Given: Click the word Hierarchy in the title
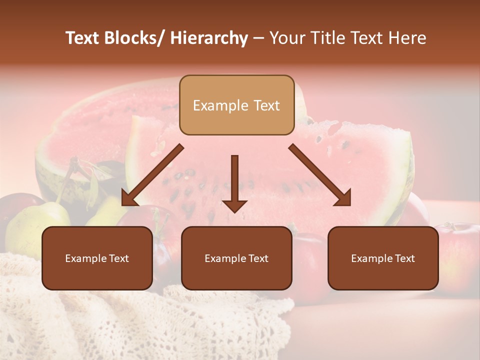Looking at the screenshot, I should pos(209,38).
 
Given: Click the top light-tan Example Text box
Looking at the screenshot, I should pos(236,105).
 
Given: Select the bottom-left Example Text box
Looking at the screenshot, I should pos(97,258).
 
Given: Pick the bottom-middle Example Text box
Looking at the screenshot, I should pos(236,258).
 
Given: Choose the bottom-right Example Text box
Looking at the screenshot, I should pos(383,258).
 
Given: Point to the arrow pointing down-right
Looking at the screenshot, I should pos(320,175).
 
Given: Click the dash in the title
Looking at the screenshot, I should pos(258,38).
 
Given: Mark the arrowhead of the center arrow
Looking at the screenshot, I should pos(234,205).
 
